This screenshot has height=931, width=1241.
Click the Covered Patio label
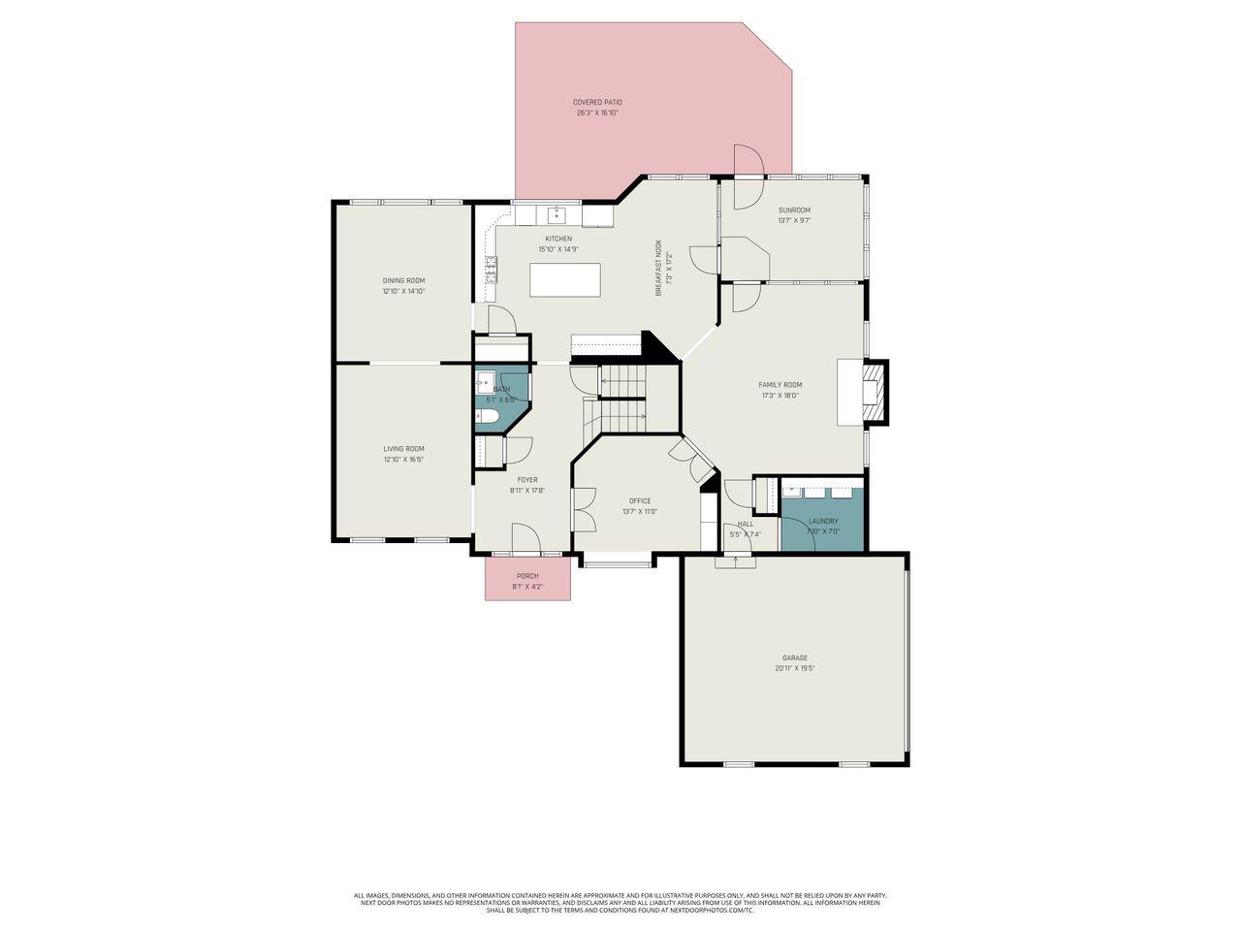point(597,102)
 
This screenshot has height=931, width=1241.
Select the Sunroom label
point(794,209)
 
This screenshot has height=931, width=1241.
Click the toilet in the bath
point(487,417)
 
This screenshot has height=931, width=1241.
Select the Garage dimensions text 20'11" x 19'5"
point(795,668)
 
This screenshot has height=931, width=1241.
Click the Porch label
point(527,576)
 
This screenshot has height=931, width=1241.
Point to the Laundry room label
point(823,521)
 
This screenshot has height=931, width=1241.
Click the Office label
point(640,500)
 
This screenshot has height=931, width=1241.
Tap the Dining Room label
point(403,280)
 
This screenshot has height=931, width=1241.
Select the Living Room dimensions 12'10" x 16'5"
point(403,459)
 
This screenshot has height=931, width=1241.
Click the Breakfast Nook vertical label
point(658,267)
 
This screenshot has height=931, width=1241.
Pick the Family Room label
point(780,385)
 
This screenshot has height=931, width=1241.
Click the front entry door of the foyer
point(525,538)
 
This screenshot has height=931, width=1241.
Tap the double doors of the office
point(584,507)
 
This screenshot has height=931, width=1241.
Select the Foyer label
point(527,479)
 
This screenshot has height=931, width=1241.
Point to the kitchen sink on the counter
point(557,213)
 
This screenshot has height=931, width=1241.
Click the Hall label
point(745,524)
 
